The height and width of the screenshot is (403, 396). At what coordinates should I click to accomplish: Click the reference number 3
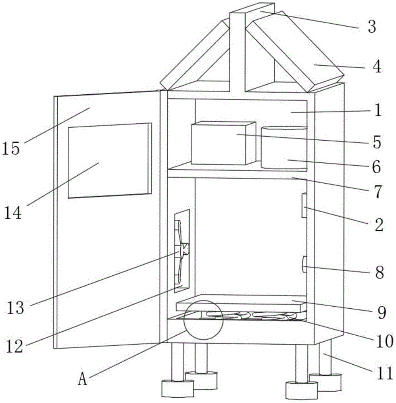[371, 27]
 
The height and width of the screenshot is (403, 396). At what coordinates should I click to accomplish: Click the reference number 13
[15, 308]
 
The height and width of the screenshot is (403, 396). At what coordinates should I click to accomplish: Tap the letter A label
[82, 379]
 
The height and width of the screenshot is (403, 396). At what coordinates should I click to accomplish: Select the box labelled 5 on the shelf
[223, 144]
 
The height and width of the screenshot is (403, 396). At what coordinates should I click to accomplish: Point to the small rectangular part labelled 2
[304, 206]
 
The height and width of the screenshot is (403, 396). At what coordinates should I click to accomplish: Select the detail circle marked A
[203, 319]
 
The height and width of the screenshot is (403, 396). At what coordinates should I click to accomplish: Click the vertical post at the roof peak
[237, 48]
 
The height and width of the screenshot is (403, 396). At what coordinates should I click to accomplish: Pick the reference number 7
[377, 192]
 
